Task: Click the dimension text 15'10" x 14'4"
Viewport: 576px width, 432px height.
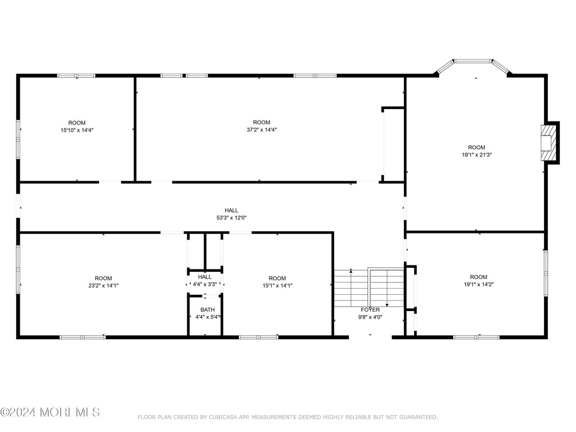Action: point(76,130)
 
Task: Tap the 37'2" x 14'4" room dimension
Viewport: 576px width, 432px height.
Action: point(262,130)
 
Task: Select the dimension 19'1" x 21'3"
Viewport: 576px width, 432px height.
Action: point(476,155)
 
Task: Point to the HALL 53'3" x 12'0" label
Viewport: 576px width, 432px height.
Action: point(231,214)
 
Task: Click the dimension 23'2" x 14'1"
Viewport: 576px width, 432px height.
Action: point(103,285)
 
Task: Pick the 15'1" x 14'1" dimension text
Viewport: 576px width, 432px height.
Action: point(277,285)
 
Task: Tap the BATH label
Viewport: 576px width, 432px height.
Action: point(208,310)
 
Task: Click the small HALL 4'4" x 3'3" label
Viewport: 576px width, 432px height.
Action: point(205,280)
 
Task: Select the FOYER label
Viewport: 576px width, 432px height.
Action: point(370,310)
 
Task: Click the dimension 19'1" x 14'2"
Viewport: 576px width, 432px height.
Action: point(478,284)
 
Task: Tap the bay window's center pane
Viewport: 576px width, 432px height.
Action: point(473,61)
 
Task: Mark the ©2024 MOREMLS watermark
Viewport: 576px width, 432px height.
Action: point(50,412)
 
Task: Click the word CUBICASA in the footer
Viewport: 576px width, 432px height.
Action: point(221,417)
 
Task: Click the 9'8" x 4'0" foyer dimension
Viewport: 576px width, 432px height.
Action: point(370,317)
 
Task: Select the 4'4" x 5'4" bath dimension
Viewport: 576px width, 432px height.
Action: point(208,317)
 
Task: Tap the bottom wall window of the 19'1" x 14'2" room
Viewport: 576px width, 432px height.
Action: point(476,337)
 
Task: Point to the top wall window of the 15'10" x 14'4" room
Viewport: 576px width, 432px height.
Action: point(76,76)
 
